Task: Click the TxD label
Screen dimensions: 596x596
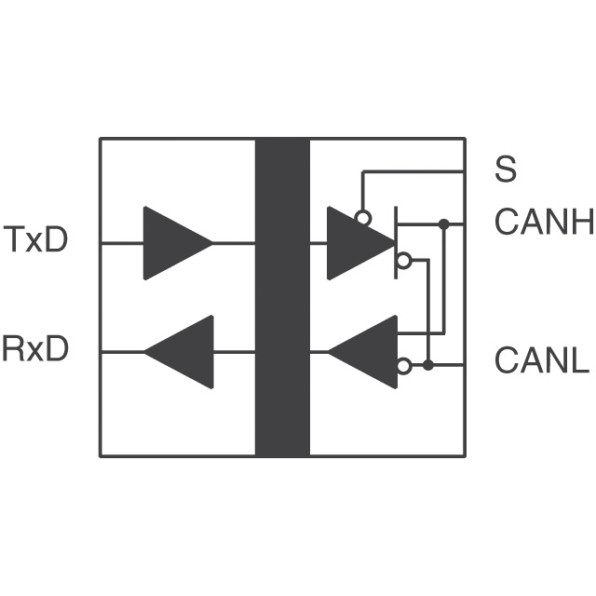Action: [36, 240]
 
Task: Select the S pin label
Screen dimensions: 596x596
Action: [506, 170]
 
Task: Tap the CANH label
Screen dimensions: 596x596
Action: [544, 223]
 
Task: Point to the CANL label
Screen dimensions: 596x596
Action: [542, 360]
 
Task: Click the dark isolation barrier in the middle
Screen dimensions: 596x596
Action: [282, 297]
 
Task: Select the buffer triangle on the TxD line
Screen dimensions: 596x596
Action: [173, 243]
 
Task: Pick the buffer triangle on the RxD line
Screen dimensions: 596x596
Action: [183, 352]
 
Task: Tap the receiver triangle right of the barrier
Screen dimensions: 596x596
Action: [368, 352]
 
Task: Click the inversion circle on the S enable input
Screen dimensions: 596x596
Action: [363, 218]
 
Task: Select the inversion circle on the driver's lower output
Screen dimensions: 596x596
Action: [403, 262]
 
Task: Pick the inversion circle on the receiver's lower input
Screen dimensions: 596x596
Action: [403, 366]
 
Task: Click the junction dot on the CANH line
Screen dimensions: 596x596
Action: [444, 223]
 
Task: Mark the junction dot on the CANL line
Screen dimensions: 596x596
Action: [428, 365]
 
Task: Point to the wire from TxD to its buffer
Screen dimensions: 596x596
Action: [122, 243]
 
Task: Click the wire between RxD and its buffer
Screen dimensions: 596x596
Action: [122, 352]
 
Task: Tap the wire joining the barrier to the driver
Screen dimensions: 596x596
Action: [318, 243]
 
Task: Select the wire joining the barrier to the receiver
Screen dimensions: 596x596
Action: [318, 352]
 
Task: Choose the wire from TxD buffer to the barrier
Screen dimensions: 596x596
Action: [234, 243]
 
